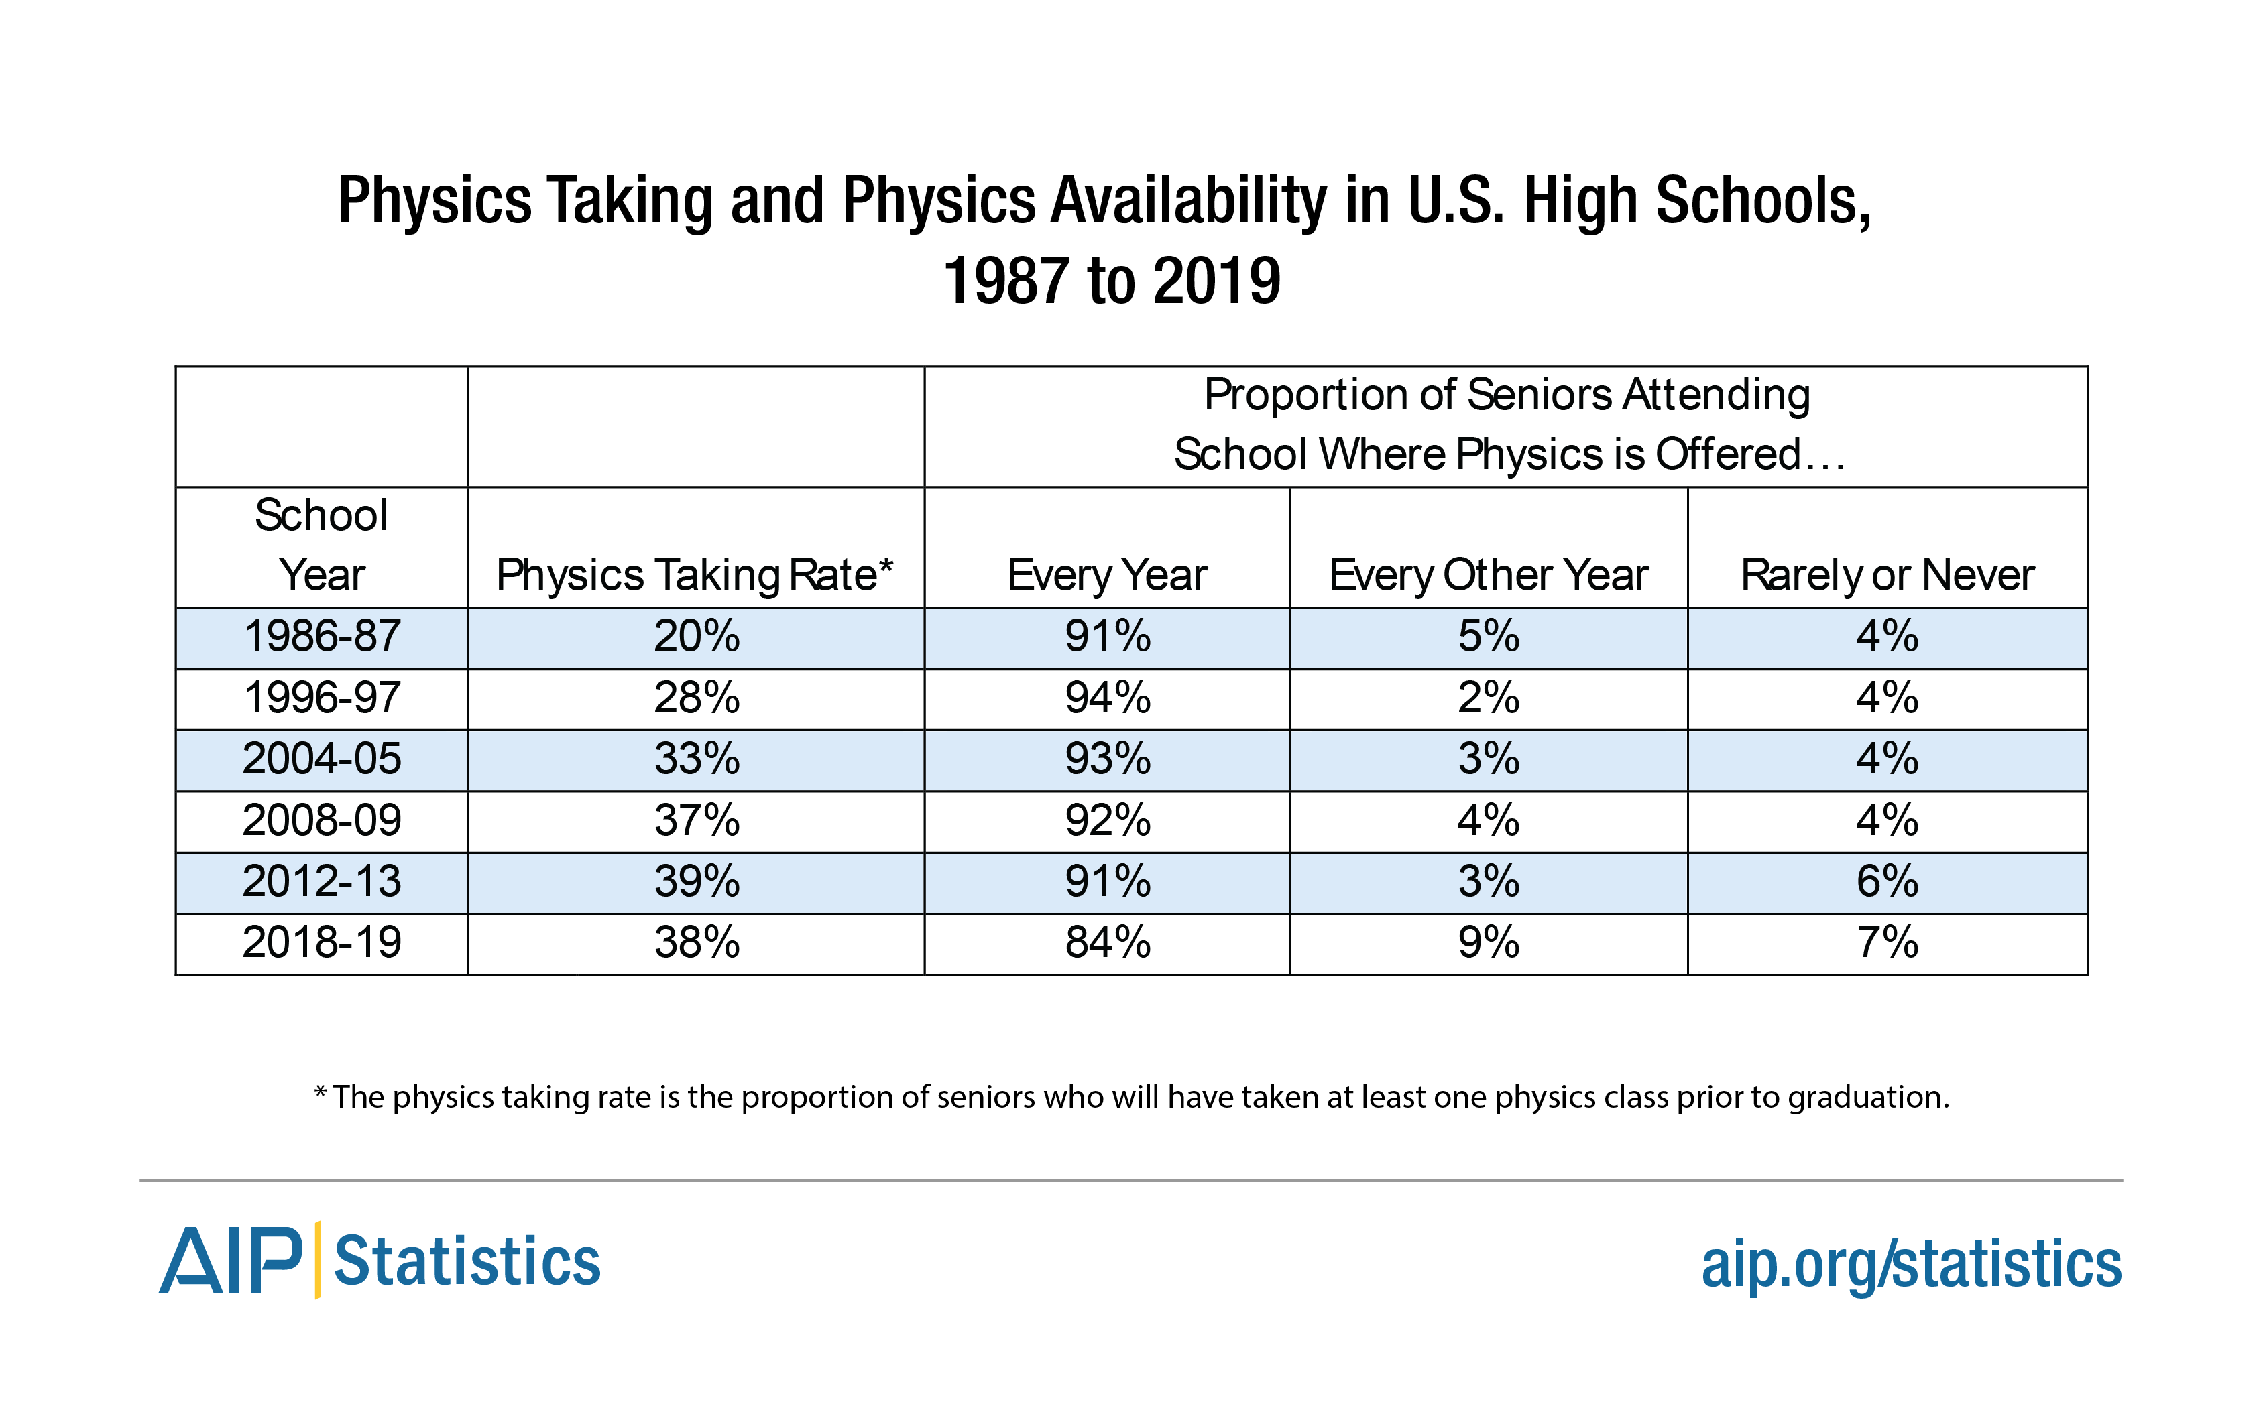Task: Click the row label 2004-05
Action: (x=321, y=759)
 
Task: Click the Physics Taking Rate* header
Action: (x=694, y=575)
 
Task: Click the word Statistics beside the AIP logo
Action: (x=467, y=1261)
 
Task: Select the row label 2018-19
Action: (x=321, y=943)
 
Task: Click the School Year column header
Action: (x=321, y=546)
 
